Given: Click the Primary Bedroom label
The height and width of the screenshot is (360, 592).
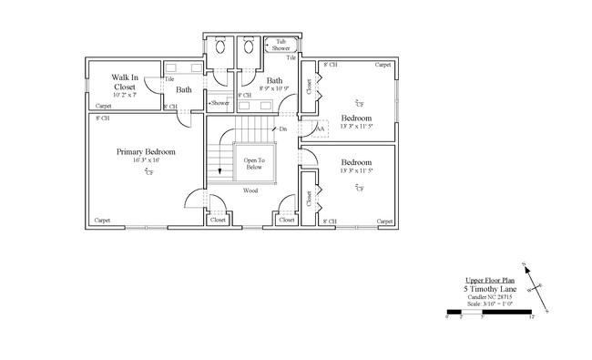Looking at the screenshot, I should (x=146, y=151).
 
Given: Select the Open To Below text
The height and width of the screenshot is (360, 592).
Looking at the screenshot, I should (x=253, y=164).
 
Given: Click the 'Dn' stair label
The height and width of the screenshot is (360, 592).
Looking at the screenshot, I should (x=284, y=129).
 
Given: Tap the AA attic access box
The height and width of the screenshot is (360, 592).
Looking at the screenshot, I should (x=320, y=129).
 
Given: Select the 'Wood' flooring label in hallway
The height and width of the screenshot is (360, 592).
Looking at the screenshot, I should (x=250, y=190).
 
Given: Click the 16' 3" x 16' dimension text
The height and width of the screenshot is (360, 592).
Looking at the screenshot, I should (x=146, y=160).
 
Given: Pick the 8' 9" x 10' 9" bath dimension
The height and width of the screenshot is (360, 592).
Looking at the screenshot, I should (x=274, y=89).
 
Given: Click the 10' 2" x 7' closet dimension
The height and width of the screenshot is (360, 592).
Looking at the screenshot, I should (x=124, y=95).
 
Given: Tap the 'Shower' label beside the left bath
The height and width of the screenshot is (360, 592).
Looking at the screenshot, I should (x=219, y=103).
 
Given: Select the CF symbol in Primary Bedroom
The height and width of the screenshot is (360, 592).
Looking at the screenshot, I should (x=148, y=170).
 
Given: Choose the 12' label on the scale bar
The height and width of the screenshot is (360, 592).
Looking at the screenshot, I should (x=530, y=318).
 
